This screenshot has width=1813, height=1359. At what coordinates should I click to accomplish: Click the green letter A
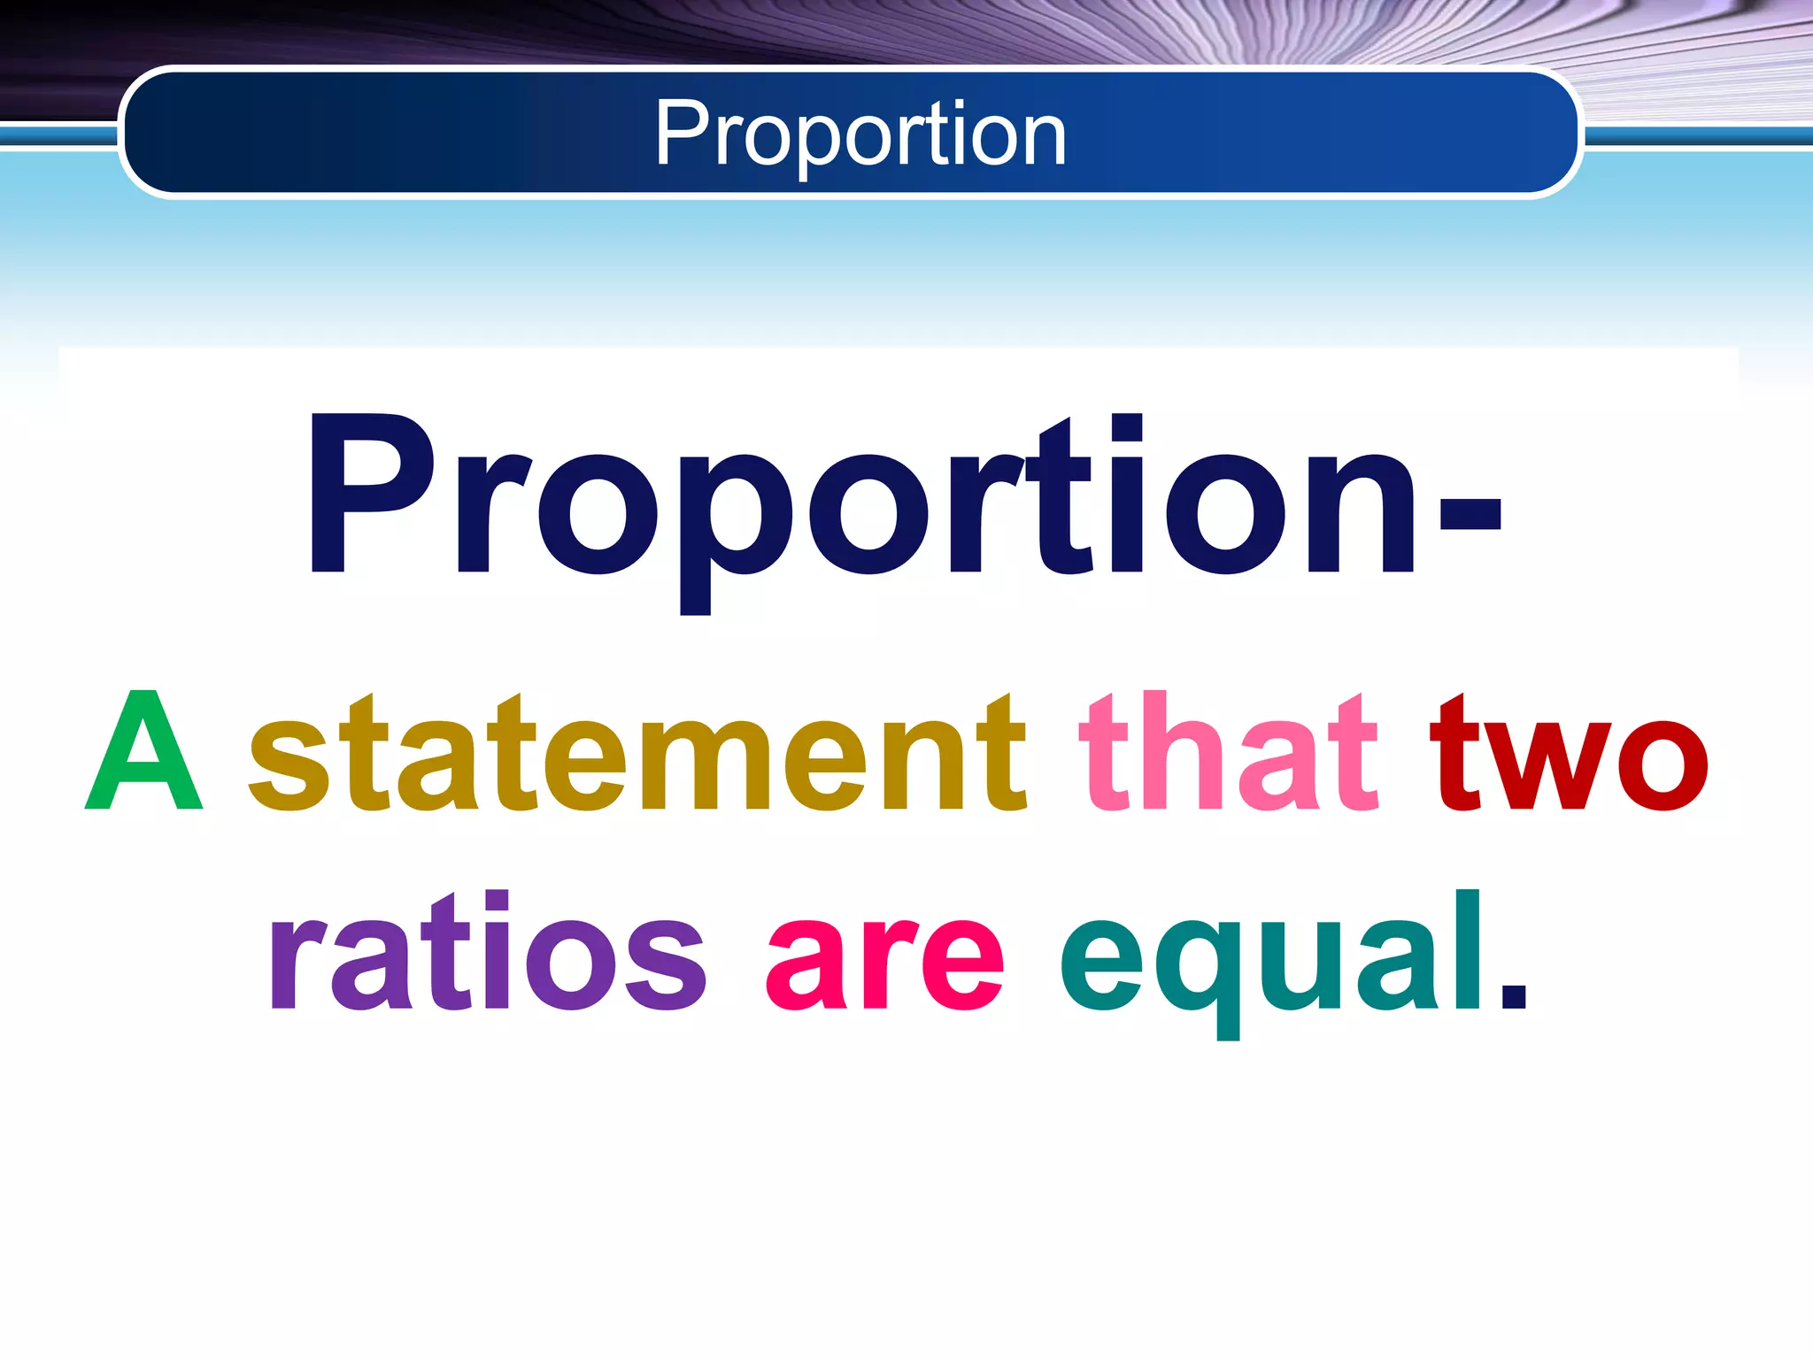pos(144,752)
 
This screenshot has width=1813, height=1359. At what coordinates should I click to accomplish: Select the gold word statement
pos(637,754)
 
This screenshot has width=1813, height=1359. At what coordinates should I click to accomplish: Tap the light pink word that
pos(1229,754)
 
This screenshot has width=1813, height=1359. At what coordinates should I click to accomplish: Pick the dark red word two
pos(1569,754)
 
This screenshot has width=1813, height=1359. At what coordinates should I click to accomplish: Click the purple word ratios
pos(487,952)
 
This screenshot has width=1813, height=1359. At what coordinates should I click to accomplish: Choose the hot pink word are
pos(885,961)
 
